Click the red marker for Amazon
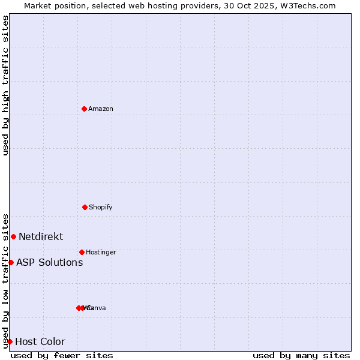click(84, 109)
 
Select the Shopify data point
click(85, 207)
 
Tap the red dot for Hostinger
click(82, 252)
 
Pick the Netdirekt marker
click(13, 236)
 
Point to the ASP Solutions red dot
click(11, 262)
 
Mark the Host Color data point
click(10, 341)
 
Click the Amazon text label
click(101, 109)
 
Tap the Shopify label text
click(101, 207)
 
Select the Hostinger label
click(101, 252)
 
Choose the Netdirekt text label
click(41, 236)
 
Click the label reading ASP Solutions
click(49, 262)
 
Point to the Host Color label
click(40, 342)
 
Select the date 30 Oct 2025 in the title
click(256, 6)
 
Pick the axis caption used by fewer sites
click(62, 355)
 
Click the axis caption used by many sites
click(301, 355)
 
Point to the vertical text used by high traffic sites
click(5, 85)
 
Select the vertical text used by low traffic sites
click(5, 280)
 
